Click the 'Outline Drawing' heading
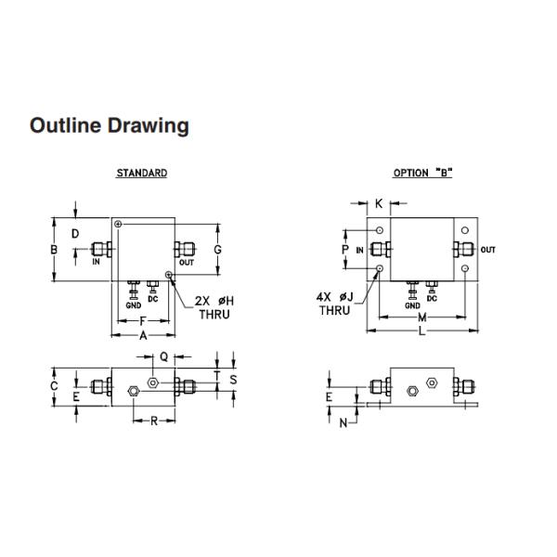pos(109,126)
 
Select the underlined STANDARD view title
pos(142,173)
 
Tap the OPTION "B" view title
pos(422,173)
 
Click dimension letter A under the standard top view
pos(143,335)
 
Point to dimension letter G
pos(218,250)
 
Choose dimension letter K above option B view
pos(379,203)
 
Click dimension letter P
pos(345,250)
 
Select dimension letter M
pos(422,317)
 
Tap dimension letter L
pos(421,331)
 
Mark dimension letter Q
pos(163,356)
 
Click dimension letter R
pos(154,421)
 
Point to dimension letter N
pos(343,423)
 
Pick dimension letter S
pos(233,380)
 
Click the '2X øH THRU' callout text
pos(214,307)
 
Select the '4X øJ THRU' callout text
pos(335,304)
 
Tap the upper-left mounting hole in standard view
pos(118,224)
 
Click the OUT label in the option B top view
pos(487,250)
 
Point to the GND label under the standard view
pos(134,305)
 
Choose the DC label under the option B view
pos(432,298)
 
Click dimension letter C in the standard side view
pos(54,386)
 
